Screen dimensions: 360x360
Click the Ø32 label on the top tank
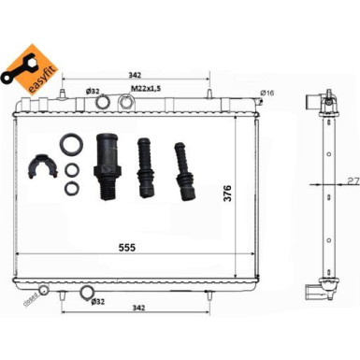(x=93, y=91)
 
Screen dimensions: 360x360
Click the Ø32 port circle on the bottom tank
(x=87, y=294)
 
